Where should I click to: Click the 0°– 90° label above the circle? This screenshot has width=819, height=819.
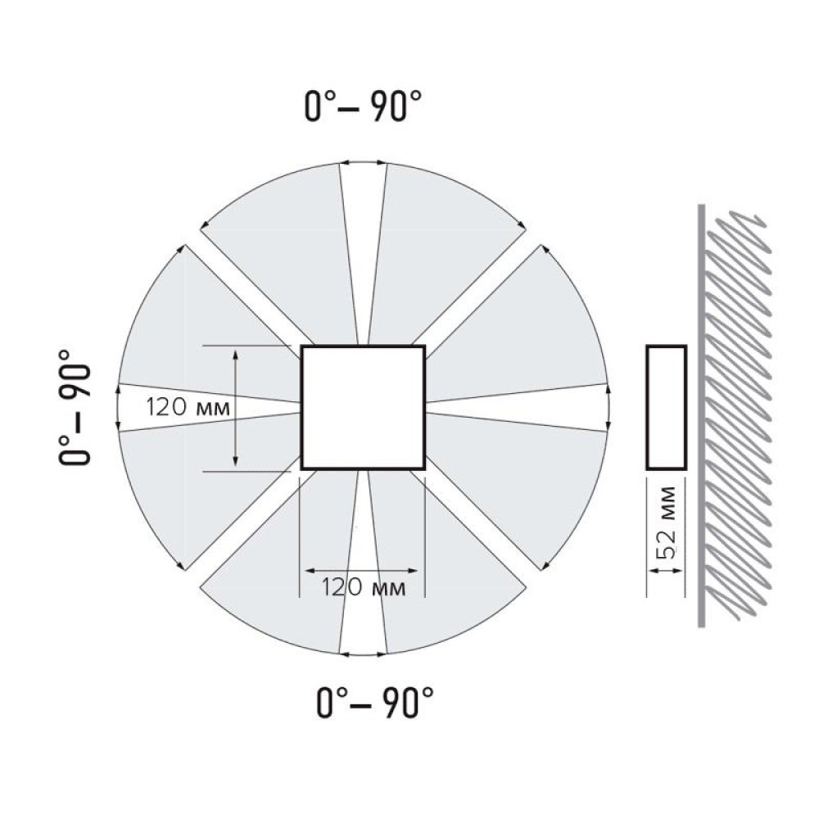[x=363, y=106]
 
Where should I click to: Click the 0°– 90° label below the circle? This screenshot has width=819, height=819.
[x=375, y=703]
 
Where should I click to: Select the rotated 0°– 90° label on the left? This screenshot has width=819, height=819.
[x=75, y=407]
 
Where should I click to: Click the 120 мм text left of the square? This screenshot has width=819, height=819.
[x=188, y=407]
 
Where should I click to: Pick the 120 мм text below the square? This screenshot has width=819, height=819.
[x=363, y=587]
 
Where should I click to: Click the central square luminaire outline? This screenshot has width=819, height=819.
[x=363, y=346]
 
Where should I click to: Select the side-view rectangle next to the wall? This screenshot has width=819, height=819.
[x=666, y=346]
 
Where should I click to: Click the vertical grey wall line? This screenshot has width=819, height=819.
[x=702, y=415]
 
